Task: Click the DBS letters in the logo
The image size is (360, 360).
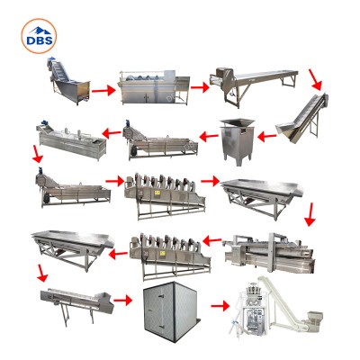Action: click(x=40, y=40)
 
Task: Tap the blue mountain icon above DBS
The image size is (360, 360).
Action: click(x=40, y=31)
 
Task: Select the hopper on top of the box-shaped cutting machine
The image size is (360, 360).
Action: click(x=237, y=122)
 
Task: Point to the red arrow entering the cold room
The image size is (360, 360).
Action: click(x=123, y=300)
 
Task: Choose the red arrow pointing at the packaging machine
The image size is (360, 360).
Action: click(x=220, y=306)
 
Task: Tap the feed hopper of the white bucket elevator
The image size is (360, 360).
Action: click(x=314, y=317)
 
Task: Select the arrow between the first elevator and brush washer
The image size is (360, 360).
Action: click(x=103, y=90)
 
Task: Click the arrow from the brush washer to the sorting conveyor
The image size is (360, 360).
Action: click(x=200, y=87)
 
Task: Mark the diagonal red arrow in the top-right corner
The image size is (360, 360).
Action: click(x=315, y=79)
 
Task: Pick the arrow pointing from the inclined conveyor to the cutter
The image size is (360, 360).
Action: click(x=266, y=137)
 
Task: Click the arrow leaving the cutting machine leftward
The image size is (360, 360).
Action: click(x=209, y=137)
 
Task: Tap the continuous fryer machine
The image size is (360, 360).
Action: click(x=269, y=253)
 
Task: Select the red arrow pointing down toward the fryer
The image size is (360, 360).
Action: click(x=310, y=214)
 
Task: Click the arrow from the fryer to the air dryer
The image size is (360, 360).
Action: click(x=212, y=240)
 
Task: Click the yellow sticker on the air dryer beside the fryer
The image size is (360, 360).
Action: click(x=162, y=253)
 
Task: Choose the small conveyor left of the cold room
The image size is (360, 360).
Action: click(x=77, y=303)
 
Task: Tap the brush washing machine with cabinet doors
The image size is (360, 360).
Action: click(x=155, y=87)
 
